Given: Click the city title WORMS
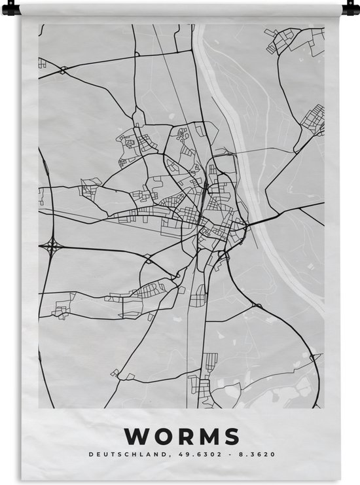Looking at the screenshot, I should tap(181, 436).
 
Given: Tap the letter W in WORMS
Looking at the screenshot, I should tap(137, 436).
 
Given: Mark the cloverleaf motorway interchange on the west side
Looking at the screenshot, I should tap(52, 247).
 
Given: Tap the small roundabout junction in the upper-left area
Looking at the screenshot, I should tap(62, 69).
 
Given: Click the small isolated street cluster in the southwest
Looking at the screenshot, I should tap(62, 311).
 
